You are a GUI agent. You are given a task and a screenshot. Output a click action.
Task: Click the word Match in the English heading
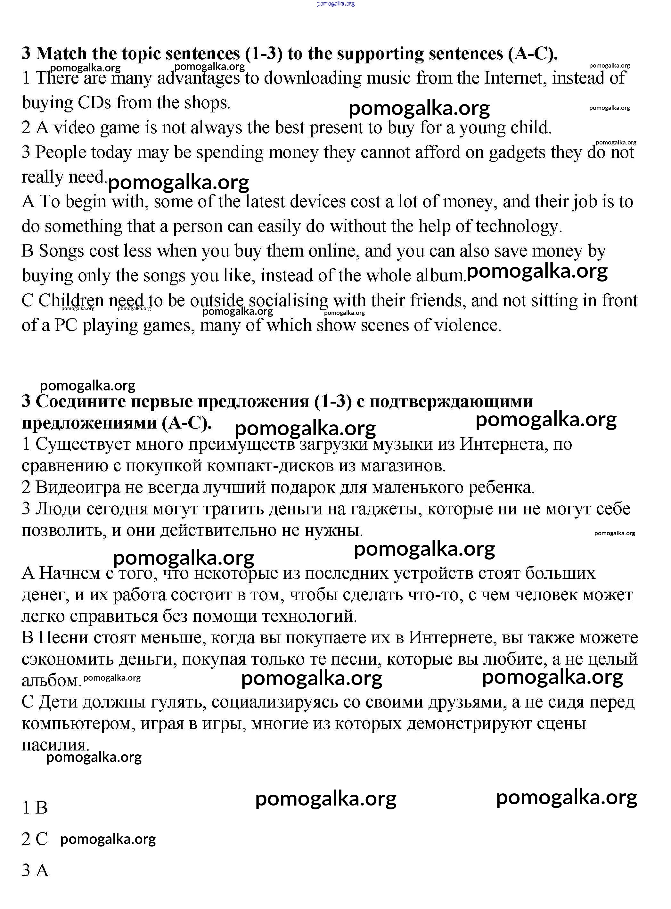[61, 53]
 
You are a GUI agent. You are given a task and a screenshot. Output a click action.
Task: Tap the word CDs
[94, 103]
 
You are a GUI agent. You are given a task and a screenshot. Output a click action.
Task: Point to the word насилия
[55, 744]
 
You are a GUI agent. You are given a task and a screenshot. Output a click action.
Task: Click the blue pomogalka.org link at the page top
[336, 4]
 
